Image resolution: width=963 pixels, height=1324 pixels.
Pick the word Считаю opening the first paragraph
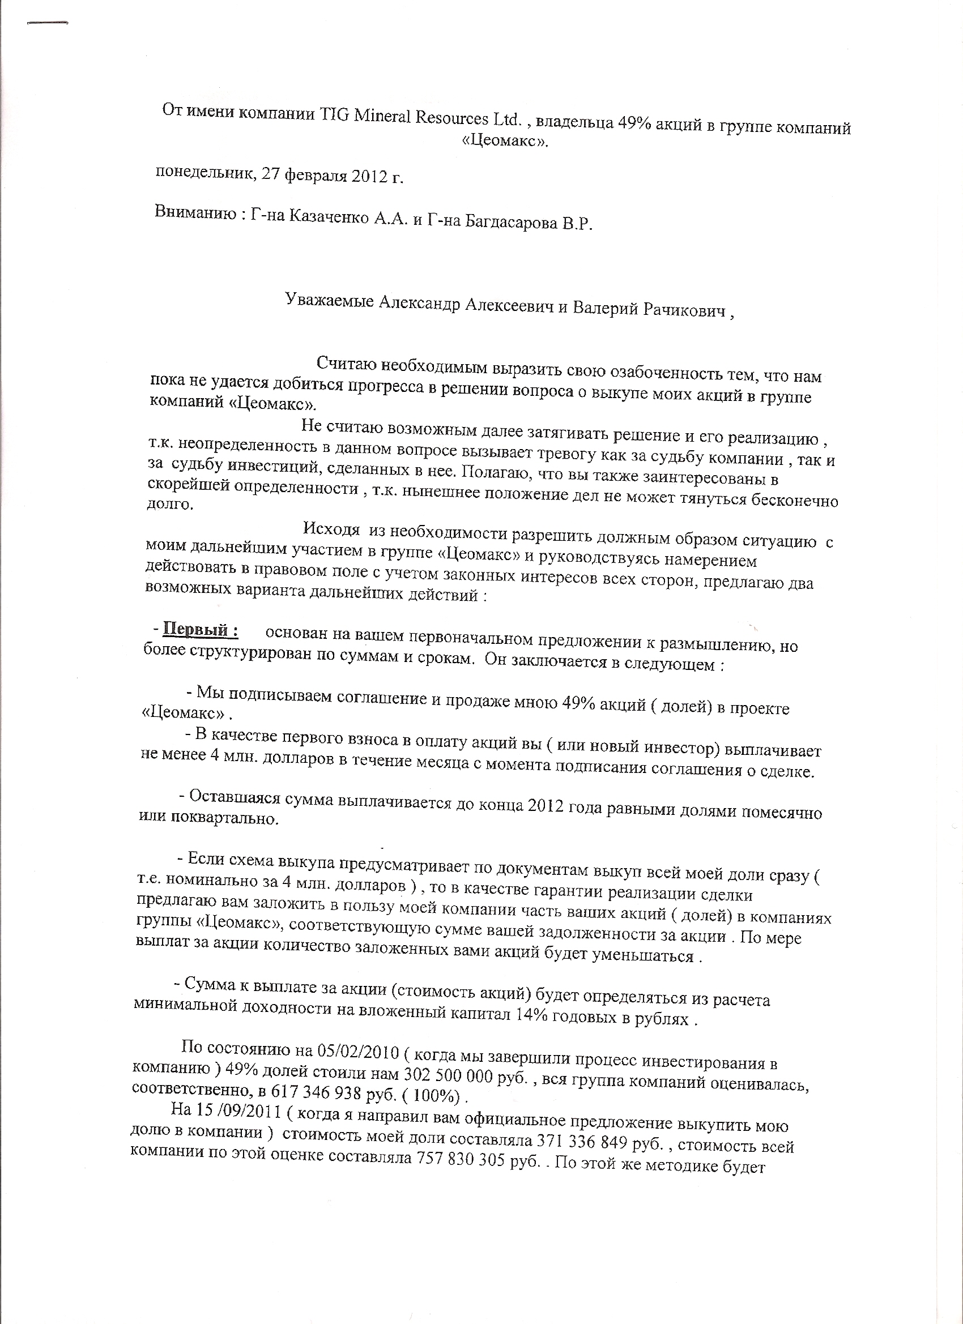346,364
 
